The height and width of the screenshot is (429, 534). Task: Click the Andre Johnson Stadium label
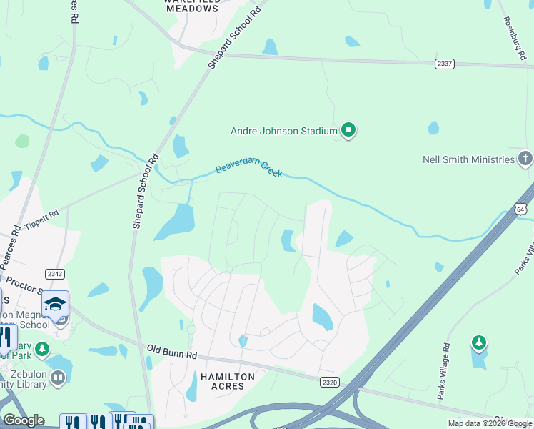(x=283, y=131)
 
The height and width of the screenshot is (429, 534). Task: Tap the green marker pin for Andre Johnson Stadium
(x=348, y=130)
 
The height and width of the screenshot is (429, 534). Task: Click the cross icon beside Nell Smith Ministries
(x=525, y=158)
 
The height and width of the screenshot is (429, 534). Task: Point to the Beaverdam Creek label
(x=249, y=169)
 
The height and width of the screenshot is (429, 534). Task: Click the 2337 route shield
(x=445, y=64)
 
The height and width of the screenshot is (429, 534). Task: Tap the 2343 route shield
(x=55, y=274)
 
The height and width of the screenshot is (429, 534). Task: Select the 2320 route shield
(x=329, y=383)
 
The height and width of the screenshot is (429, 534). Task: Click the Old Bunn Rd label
(x=171, y=351)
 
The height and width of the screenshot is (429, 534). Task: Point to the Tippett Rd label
(x=40, y=218)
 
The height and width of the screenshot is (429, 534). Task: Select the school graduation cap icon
(x=55, y=304)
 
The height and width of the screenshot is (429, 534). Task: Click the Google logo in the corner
(x=23, y=420)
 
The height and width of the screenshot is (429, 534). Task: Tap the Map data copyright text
(x=490, y=423)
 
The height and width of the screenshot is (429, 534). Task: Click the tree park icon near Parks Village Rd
(x=479, y=343)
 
